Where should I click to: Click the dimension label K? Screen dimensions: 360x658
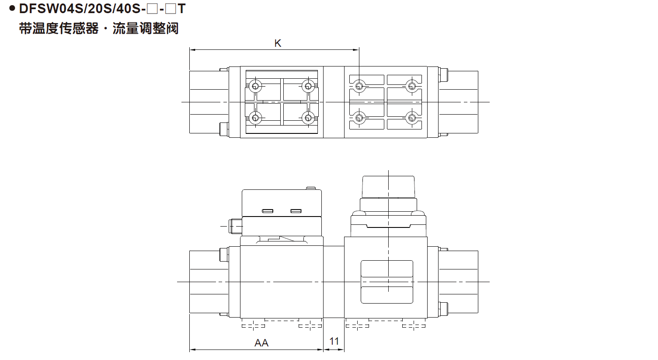[x=278, y=43]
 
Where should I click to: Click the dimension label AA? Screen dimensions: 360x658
[x=261, y=343]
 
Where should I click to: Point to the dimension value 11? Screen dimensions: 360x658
[x=334, y=341]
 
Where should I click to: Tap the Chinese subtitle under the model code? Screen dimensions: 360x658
[x=99, y=29]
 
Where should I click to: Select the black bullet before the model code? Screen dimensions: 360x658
[x=12, y=8]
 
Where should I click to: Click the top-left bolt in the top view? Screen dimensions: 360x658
[x=255, y=86]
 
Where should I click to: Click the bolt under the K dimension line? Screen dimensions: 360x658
[x=359, y=86]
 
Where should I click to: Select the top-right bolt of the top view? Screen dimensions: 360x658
[x=411, y=86]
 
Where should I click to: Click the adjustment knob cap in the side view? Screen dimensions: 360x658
[x=388, y=187]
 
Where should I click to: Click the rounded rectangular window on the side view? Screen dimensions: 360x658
[x=387, y=282]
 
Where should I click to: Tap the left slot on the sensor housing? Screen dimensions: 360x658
[x=268, y=211]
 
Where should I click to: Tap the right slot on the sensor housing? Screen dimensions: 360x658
[x=296, y=211]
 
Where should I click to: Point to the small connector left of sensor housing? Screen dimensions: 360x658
[x=236, y=226]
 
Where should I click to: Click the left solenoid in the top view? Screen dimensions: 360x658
[x=209, y=102]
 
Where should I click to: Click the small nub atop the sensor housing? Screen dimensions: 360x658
[x=310, y=188]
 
